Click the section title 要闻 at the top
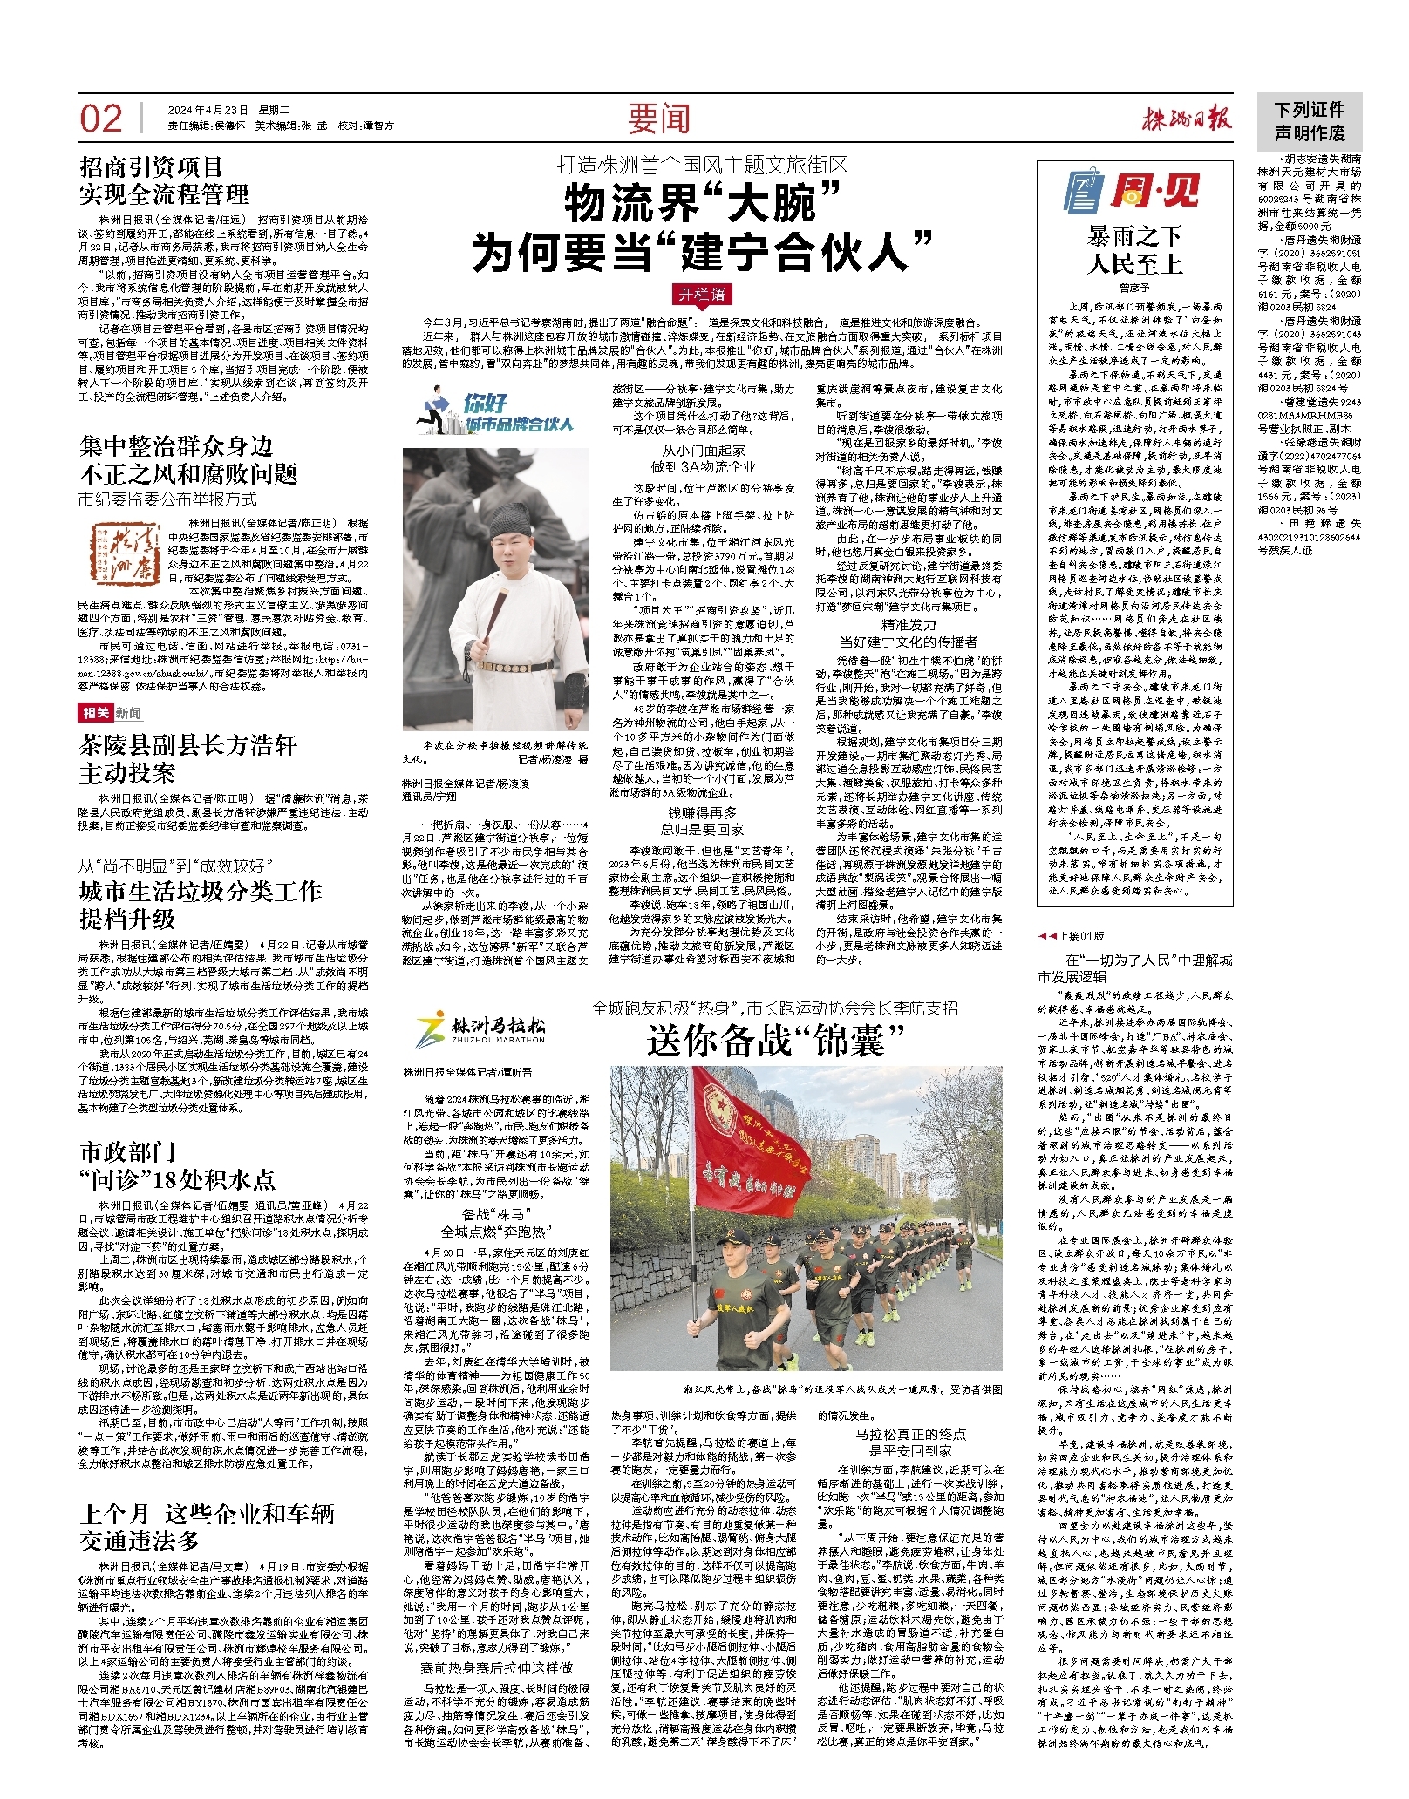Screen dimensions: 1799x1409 658,119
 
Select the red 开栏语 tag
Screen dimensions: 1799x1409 703,294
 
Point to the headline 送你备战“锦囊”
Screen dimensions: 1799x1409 775,1041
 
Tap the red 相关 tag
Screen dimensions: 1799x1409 95,713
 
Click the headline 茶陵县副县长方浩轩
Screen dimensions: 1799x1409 188,746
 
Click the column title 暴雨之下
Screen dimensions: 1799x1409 1134,236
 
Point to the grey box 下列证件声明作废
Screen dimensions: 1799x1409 1309,121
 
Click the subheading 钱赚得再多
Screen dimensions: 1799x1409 702,813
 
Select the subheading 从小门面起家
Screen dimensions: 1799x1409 703,451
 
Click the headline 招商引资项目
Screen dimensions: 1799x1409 153,167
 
